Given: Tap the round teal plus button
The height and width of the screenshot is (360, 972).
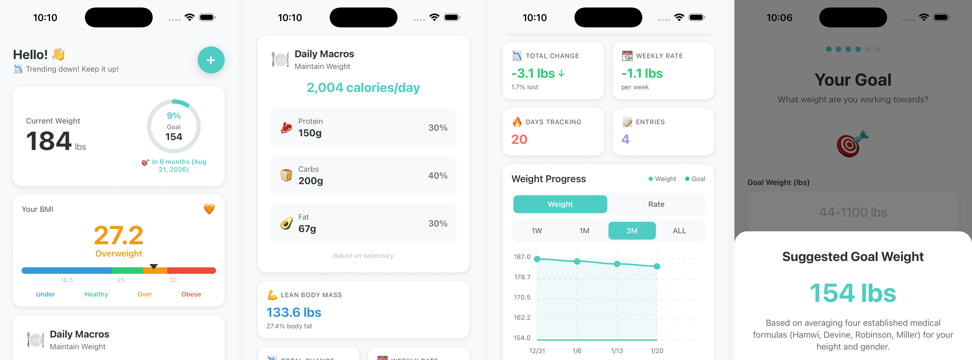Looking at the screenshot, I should [x=211, y=60].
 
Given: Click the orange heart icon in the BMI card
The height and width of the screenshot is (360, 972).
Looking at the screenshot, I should [x=209, y=209].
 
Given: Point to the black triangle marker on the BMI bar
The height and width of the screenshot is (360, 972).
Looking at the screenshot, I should [x=154, y=266].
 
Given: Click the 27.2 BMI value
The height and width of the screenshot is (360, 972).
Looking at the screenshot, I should [x=118, y=235].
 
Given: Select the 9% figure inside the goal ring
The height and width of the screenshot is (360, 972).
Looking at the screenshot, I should [x=174, y=115].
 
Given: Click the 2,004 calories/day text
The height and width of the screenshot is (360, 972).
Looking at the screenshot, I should [x=363, y=88].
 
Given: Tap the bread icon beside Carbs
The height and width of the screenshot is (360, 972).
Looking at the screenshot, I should [x=286, y=175].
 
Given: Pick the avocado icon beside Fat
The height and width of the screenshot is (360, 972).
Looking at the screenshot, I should [x=286, y=223].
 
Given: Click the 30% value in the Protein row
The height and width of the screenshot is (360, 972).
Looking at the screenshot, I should [x=438, y=128].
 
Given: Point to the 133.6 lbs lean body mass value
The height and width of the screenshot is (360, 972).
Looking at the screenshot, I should [x=294, y=312].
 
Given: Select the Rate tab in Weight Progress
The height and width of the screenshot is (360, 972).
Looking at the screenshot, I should [x=656, y=204].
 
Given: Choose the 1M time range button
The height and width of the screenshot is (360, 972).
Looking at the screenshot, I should [x=584, y=231].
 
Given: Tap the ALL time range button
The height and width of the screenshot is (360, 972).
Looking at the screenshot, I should [x=679, y=231].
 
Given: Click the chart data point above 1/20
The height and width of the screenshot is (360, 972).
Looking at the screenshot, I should [x=657, y=266].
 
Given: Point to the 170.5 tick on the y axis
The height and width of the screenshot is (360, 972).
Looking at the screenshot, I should [x=522, y=297].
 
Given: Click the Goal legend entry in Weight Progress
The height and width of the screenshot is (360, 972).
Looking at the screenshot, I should [x=695, y=179].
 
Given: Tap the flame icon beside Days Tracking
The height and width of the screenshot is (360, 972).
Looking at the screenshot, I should [x=517, y=122].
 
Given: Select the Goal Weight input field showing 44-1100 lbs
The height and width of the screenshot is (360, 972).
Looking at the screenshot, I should [x=853, y=212].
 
